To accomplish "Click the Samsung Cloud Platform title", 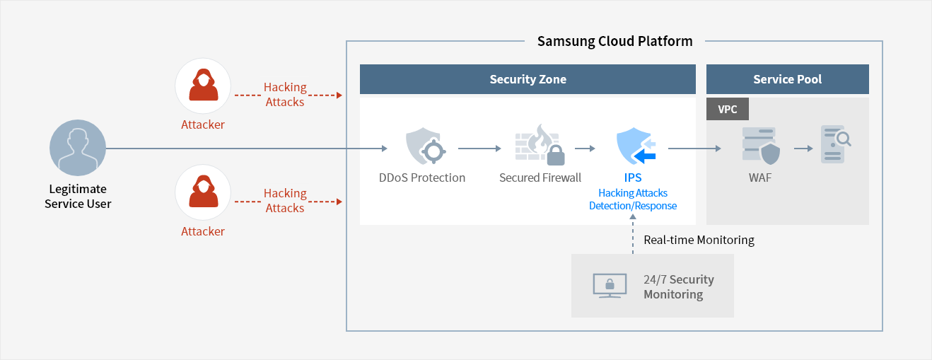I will click(614, 41).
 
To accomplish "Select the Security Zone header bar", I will click(528, 79).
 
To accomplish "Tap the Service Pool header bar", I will click(787, 79).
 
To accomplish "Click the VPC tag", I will click(728, 110).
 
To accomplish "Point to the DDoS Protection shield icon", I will click(423, 147).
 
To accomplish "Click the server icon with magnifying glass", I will click(834, 145).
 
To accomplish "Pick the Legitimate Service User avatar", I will click(78, 148).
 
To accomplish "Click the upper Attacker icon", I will click(203, 86).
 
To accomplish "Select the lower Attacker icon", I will click(203, 192).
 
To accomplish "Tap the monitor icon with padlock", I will click(609, 285).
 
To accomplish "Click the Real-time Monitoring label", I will click(699, 240).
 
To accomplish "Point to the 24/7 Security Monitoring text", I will click(678, 286).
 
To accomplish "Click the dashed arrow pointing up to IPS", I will click(633, 237).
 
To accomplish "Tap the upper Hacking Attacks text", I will click(285, 94).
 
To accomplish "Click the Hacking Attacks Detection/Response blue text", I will click(633, 199).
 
